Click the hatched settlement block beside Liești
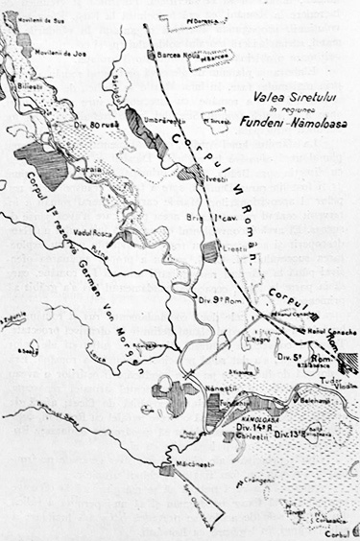(211, 252)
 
